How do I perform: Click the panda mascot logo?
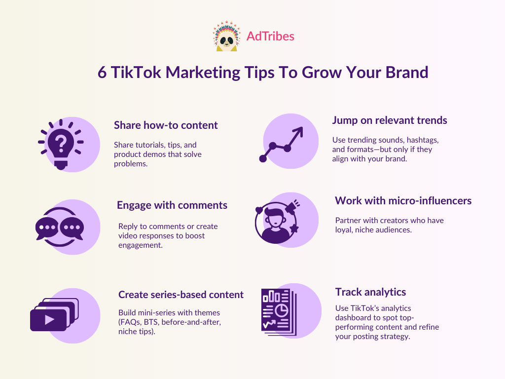point(226,36)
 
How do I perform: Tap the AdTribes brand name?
point(270,36)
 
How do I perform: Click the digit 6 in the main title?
point(102,73)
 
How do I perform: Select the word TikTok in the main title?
point(136,72)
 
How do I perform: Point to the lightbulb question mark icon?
point(61,144)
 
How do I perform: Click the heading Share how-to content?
point(166,125)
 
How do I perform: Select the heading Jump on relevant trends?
point(390,120)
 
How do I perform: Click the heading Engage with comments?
point(172,205)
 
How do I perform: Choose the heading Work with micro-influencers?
point(403,200)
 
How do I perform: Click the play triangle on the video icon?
point(49,320)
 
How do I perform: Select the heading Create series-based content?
point(181,295)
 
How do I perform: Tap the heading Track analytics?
point(370,292)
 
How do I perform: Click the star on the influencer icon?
point(294,228)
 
